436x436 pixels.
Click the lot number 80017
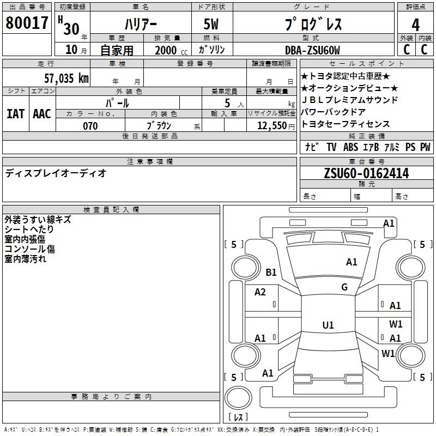tap(27, 23)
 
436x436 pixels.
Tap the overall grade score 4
tap(416, 25)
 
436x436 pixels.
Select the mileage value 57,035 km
tap(66, 78)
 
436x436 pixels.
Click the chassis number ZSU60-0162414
tap(366, 173)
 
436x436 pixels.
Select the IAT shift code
tap(16, 114)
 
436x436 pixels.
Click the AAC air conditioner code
tap(42, 114)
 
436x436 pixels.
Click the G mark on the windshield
tap(344, 287)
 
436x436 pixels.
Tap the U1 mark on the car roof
tap(328, 325)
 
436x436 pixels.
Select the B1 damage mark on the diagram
tap(271, 272)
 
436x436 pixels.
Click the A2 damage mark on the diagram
tap(260, 292)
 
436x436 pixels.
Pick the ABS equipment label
tap(351, 147)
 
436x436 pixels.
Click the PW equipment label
tap(425, 147)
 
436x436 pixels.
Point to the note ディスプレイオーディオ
tap(56, 173)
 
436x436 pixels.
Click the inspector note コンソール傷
tap(30, 249)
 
